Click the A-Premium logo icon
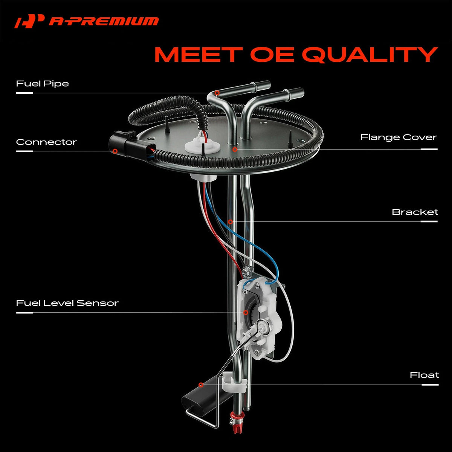pos(29,21)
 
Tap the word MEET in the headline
pos(199,54)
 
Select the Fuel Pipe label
pos(43,84)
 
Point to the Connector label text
pos(46,142)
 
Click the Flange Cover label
pos(399,137)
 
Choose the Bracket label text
pos(415,212)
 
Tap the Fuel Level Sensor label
pos(67,303)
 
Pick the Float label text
pos(425,375)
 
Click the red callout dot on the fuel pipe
pos(217,93)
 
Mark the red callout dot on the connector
pos(115,151)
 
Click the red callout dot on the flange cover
pos(235,149)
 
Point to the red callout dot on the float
pos(201,385)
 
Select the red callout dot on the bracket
pos(231,221)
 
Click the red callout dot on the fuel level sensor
pos(246,312)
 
